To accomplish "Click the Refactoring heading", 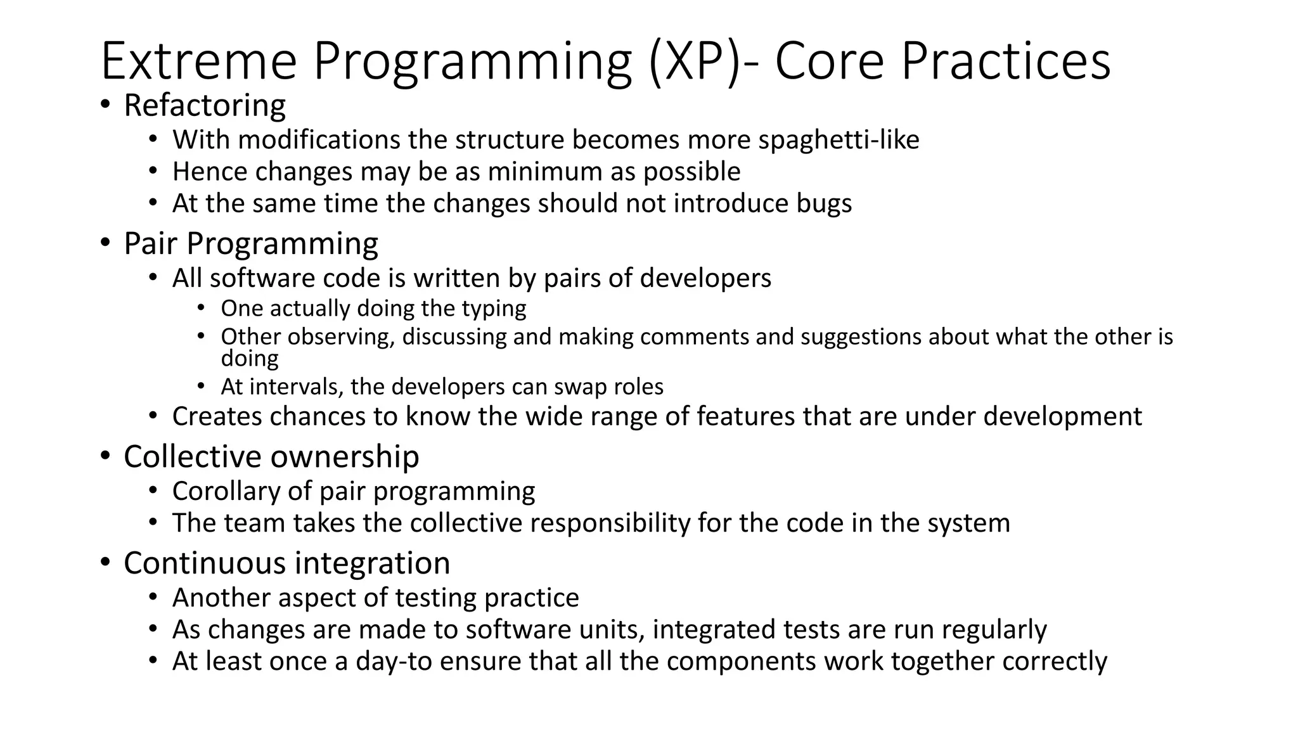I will pyautogui.click(x=205, y=105).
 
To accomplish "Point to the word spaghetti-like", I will pyautogui.click(x=839, y=140).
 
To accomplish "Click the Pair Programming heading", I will pyautogui.click(x=251, y=243).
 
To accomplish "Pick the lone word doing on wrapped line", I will pyautogui.click(x=250, y=359).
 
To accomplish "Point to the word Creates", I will pyautogui.click(x=217, y=416).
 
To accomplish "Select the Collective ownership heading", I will pyautogui.click(x=271, y=456).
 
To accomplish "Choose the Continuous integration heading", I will pyautogui.click(x=286, y=563).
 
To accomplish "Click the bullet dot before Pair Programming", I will pyautogui.click(x=105, y=243).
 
